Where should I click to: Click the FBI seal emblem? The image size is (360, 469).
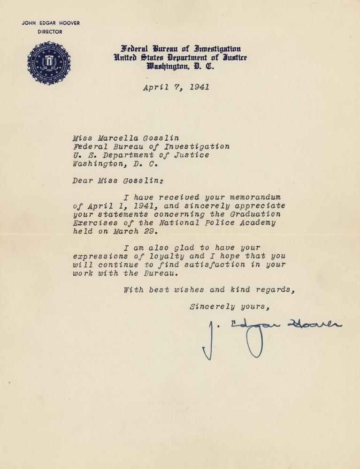click(49, 63)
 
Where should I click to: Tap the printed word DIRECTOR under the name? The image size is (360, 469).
click(50, 32)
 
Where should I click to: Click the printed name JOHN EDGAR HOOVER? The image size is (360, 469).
click(51, 23)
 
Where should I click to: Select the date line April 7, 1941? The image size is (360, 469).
click(176, 87)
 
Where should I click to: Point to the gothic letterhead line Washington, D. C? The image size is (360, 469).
click(180, 66)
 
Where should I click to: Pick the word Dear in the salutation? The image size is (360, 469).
click(82, 180)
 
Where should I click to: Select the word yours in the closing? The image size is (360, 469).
click(254, 307)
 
